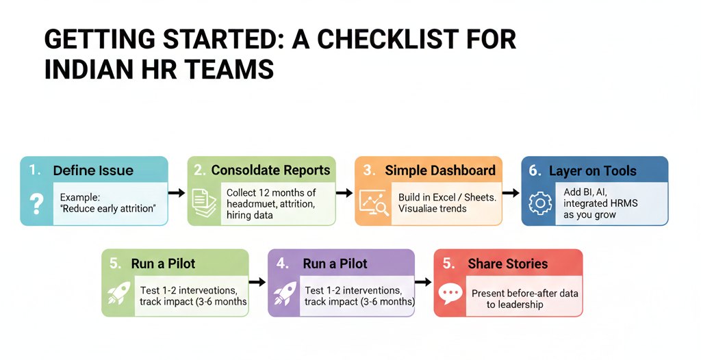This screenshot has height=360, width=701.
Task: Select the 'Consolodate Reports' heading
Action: (270, 170)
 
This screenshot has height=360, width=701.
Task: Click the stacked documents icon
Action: (203, 203)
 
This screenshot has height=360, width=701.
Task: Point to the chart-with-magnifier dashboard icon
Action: (374, 203)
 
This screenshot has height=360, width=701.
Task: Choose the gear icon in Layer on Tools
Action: (540, 203)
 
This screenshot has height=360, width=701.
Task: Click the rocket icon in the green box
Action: (118, 292)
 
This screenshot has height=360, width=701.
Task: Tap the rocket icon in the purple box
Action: (285, 292)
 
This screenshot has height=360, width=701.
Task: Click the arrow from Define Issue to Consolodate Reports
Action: (177, 193)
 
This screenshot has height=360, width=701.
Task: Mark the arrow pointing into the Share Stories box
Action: (423, 282)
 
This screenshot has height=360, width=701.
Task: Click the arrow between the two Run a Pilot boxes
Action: (257, 281)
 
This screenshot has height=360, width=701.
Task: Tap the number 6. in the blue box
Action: (535, 170)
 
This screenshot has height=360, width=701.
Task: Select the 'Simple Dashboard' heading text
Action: (439, 170)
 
